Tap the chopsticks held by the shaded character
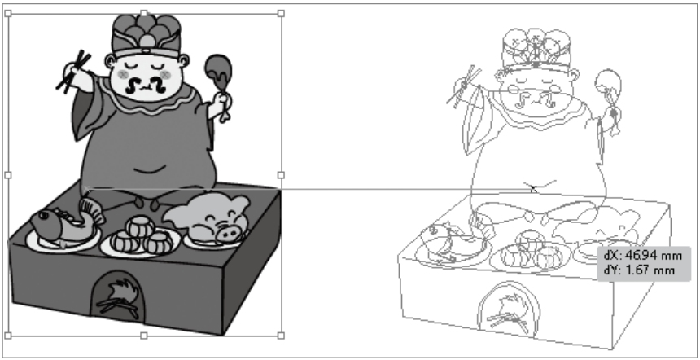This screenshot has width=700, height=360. (72, 72)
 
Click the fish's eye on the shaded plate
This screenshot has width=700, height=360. (44, 216)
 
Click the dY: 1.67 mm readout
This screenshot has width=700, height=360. (639, 270)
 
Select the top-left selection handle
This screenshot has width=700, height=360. (8, 13)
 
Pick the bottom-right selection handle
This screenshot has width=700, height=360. (281, 336)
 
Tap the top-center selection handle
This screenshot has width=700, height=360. (144, 13)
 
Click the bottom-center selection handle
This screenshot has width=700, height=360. (144, 336)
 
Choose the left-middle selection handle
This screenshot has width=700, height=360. (8, 175)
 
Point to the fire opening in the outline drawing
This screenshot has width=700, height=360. (508, 307)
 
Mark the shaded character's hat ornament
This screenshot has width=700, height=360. (147, 41)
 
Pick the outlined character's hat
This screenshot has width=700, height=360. (536, 49)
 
